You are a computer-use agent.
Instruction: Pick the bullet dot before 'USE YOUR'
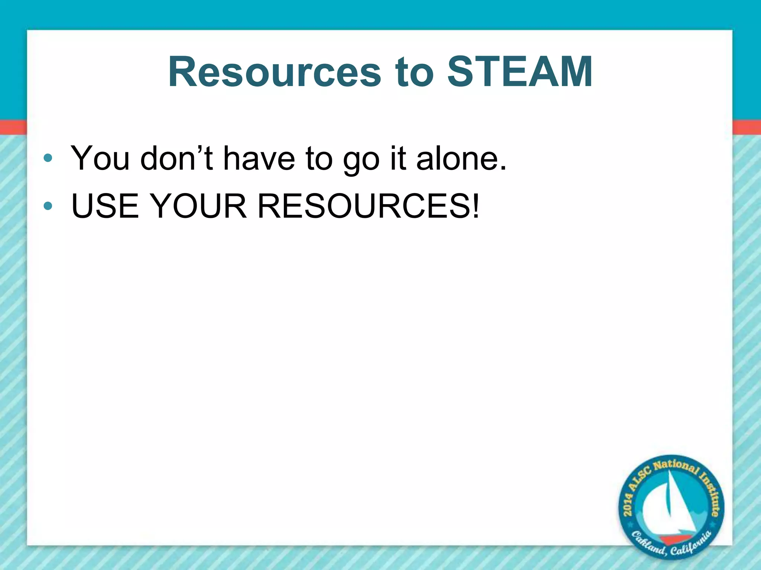48,206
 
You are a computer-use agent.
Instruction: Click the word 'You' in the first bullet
100,158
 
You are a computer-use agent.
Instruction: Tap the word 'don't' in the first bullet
177,158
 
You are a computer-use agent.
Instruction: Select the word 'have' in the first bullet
259,158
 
